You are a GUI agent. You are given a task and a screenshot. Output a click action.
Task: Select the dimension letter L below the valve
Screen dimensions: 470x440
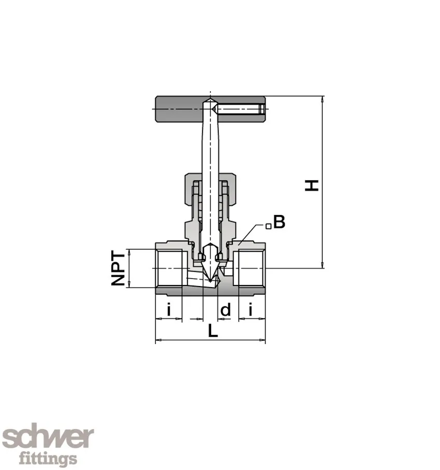(x=212, y=332)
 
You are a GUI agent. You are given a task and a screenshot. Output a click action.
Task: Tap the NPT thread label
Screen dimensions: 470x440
(x=119, y=268)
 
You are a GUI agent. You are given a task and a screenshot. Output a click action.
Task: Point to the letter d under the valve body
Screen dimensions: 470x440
(x=226, y=310)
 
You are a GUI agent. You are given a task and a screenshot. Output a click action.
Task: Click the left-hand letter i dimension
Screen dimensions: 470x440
(x=168, y=310)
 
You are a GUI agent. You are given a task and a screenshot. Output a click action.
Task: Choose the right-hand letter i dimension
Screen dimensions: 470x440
(x=251, y=310)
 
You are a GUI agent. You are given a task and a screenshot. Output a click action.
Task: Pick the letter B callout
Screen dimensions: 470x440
(x=279, y=222)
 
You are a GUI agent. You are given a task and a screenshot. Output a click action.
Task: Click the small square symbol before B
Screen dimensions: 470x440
(x=268, y=226)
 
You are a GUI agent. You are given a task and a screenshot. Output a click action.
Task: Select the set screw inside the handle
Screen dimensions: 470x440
(x=241, y=109)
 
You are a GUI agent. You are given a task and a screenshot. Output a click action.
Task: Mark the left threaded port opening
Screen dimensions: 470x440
(x=169, y=268)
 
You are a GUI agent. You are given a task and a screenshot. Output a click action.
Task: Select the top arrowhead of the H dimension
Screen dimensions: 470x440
(x=322, y=99)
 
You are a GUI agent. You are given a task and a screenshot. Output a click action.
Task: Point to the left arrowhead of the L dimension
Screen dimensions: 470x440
(x=158, y=340)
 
